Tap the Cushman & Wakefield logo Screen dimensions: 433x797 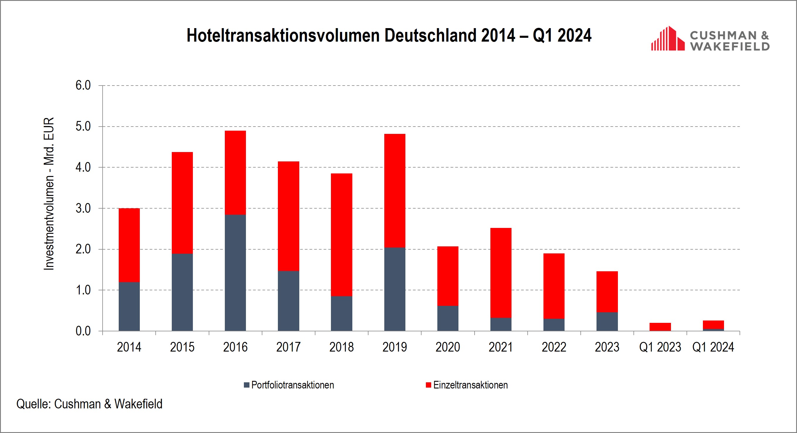(710, 39)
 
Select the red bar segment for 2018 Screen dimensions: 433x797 (341, 235)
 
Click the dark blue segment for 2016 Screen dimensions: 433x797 (235, 272)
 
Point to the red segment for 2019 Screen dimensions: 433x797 (395, 190)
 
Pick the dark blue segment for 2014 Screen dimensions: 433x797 (129, 306)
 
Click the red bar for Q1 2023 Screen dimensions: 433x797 (660, 327)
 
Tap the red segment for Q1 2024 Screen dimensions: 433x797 (713, 324)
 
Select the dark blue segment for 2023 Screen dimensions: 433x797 (607, 321)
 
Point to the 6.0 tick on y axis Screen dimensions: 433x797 (83, 85)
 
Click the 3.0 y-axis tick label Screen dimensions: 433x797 (83, 208)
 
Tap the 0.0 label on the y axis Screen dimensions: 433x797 (83, 331)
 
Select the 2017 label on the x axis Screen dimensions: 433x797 (288, 347)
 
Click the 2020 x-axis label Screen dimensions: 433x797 (447, 347)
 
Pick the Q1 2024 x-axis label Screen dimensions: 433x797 (713, 347)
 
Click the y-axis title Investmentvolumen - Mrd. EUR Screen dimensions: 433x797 (49, 194)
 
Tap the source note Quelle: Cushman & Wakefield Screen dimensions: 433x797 (89, 404)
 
